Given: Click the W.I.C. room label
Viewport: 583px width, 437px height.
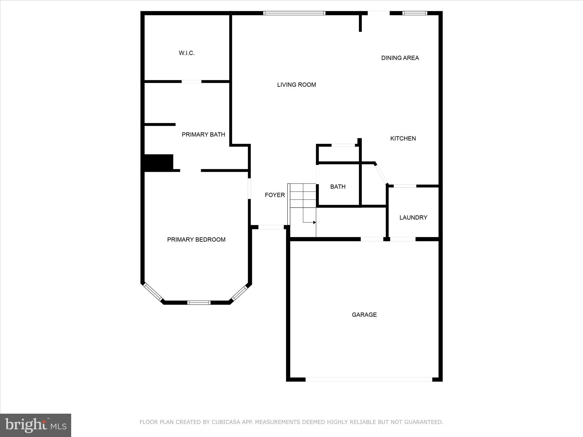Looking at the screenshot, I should pyautogui.click(x=187, y=53).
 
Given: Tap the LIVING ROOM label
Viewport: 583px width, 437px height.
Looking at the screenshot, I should pyautogui.click(x=296, y=84).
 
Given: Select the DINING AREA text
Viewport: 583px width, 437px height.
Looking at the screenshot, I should pyautogui.click(x=400, y=58).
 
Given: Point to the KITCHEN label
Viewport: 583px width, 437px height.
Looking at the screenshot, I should pyautogui.click(x=403, y=138).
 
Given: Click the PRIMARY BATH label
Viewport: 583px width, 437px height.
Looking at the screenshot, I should pyautogui.click(x=203, y=134).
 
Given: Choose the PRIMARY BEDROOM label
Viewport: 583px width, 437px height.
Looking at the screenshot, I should pyautogui.click(x=196, y=240).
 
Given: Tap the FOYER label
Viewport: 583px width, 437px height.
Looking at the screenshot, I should pyautogui.click(x=275, y=195).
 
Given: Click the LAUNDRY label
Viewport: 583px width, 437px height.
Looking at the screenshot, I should pyautogui.click(x=413, y=217).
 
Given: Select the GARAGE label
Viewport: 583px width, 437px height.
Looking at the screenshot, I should pyautogui.click(x=364, y=314).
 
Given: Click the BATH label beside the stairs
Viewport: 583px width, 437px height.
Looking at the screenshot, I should pyautogui.click(x=338, y=187).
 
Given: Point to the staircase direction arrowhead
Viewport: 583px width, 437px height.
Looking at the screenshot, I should pyautogui.click(x=315, y=222).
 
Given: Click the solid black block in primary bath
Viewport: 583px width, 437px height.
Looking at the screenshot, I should pyautogui.click(x=159, y=162).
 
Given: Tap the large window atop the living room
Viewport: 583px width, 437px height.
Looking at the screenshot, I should pyautogui.click(x=294, y=13).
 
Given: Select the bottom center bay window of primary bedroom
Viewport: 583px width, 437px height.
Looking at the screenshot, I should pyautogui.click(x=199, y=302).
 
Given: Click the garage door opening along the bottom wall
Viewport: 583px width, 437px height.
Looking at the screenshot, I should pyautogui.click(x=369, y=379).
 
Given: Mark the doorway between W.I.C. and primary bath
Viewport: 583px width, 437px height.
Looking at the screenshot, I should pyautogui.click(x=191, y=82).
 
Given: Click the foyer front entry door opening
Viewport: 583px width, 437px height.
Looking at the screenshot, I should pyautogui.click(x=271, y=227).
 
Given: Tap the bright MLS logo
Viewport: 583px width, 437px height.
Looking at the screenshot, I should pyautogui.click(x=36, y=425).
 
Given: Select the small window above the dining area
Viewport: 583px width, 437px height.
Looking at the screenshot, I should pyautogui.click(x=414, y=13).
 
